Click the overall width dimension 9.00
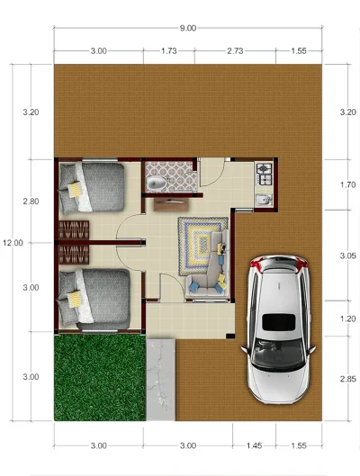187,28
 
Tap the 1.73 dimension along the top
168,51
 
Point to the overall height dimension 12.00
13,242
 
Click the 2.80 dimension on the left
31,202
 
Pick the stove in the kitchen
265,169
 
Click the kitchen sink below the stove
264,199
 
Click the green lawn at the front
98,376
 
